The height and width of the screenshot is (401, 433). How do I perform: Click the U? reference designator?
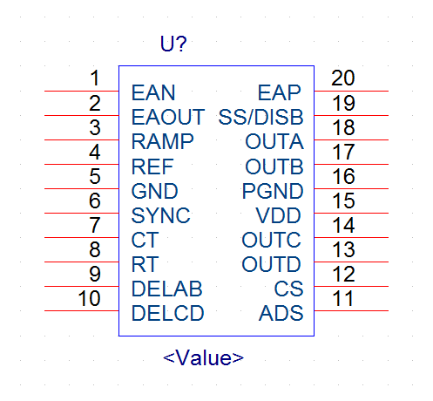[x=173, y=44]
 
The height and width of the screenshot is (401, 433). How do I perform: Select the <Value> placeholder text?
[x=203, y=357]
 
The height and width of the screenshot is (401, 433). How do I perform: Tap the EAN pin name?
[x=153, y=92]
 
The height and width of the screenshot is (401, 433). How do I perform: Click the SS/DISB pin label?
[x=260, y=117]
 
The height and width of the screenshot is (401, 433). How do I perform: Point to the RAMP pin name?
[x=162, y=141]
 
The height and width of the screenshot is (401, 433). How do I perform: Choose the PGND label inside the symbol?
[x=273, y=191]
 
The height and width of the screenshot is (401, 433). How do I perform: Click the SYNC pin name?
[x=160, y=215]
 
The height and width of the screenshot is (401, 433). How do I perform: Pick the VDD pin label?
[x=278, y=215]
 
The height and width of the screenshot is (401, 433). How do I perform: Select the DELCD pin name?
[x=168, y=313]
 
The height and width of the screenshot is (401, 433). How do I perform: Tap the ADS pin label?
[x=281, y=313]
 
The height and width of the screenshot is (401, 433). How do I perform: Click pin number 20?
[x=343, y=78]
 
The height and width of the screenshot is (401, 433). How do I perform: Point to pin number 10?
[x=89, y=298]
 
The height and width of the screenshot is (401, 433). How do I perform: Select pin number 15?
[x=343, y=200]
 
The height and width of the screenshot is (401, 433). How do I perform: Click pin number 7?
[x=95, y=225]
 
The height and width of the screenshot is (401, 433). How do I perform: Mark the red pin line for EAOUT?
[x=82, y=115]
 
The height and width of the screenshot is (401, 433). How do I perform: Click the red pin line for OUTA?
[x=351, y=139]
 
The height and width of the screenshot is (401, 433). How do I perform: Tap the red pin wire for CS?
[x=351, y=286]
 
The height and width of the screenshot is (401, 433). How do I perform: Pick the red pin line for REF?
[x=82, y=164]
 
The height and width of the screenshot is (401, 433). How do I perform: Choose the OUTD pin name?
[x=271, y=264]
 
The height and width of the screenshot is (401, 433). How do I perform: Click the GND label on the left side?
[x=154, y=191]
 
